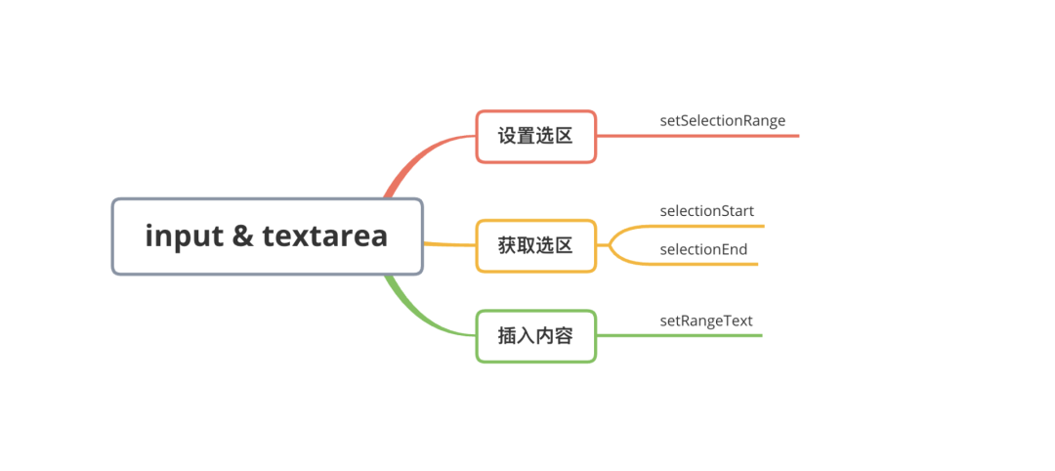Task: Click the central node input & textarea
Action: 267,236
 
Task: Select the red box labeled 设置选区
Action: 535,137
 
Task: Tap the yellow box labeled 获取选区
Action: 535,245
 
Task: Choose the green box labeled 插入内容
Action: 535,336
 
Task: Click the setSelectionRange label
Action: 722,121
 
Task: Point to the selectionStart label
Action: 706,211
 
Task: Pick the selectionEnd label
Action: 703,249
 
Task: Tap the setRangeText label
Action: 705,321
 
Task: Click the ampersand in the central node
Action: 243,236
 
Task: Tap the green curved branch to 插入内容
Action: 415,311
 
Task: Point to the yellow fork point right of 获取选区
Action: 611,245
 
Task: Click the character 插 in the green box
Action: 508,336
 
